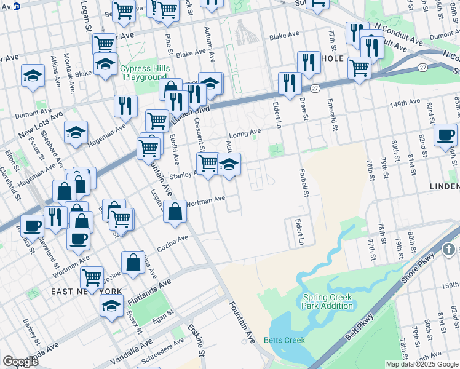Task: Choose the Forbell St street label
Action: (x=303, y=183)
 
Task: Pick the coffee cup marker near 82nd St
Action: (x=445, y=135)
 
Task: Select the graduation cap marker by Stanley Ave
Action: (x=229, y=165)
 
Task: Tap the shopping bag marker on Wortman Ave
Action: (x=176, y=212)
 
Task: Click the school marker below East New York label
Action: (x=111, y=305)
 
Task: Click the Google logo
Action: (x=20, y=361)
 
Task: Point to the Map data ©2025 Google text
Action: (x=422, y=364)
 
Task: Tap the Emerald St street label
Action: (x=333, y=114)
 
